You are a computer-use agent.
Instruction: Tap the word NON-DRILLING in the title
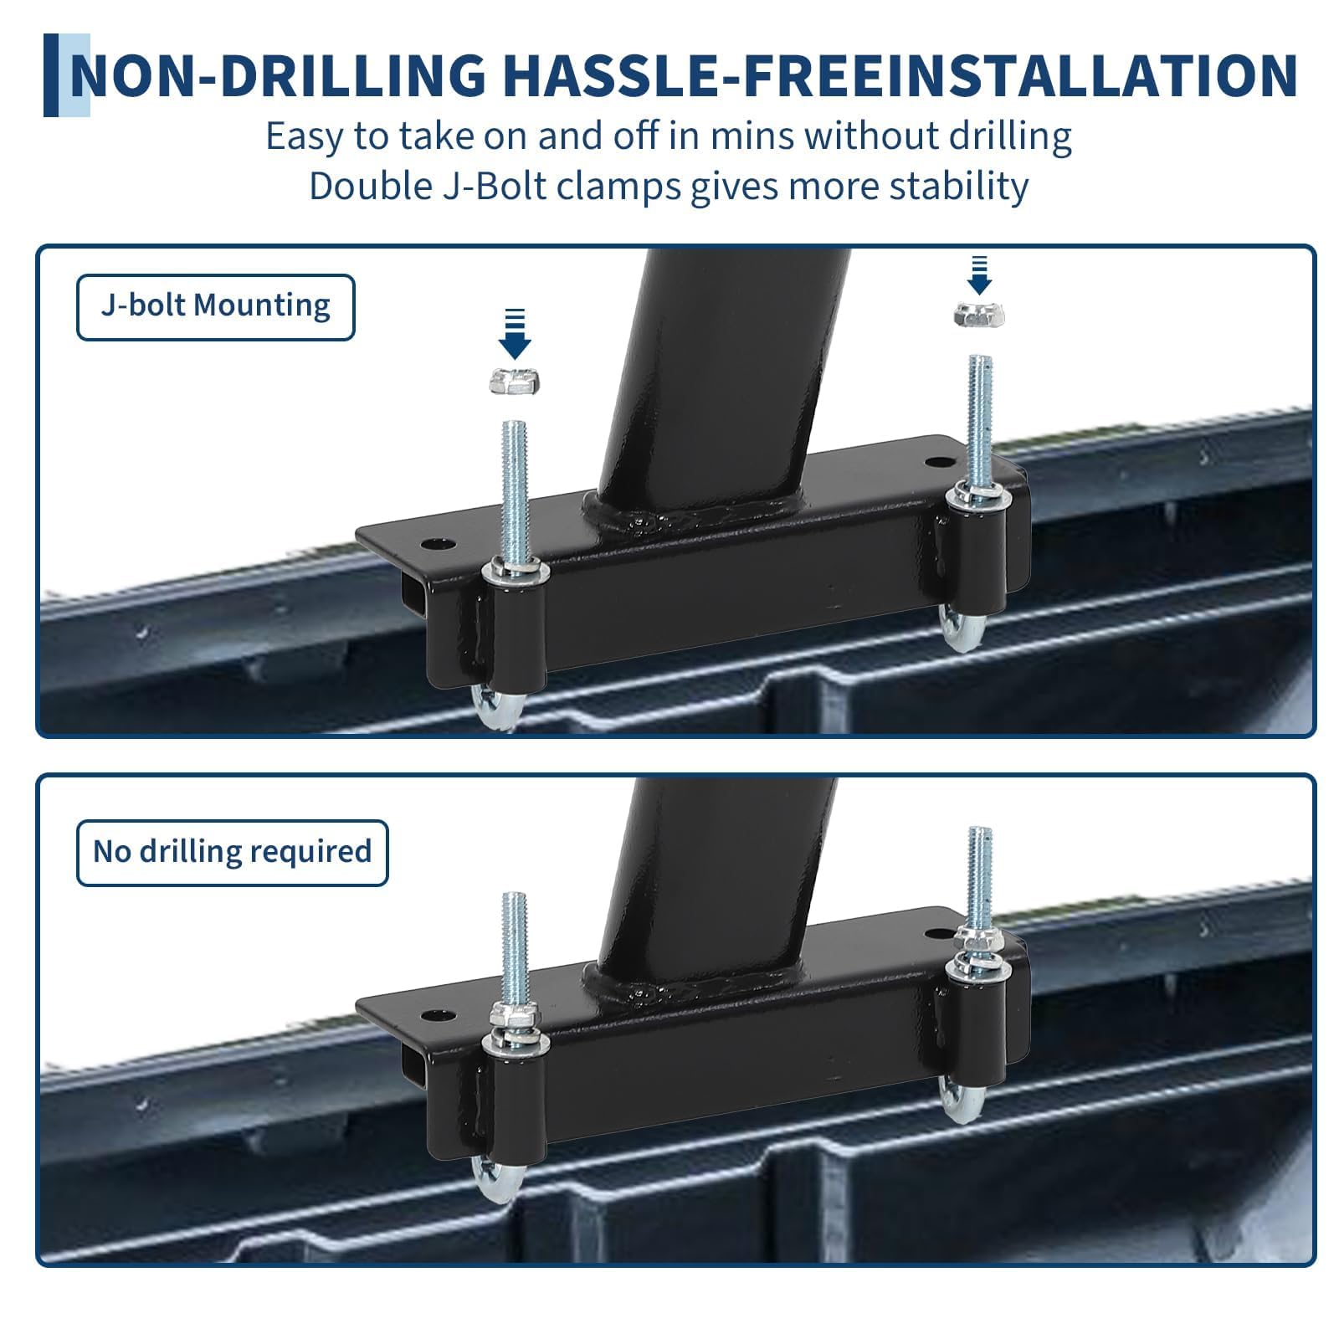(x=278, y=75)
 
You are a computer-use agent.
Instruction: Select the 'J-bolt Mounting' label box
(x=216, y=307)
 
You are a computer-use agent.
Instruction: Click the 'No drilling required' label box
(x=233, y=853)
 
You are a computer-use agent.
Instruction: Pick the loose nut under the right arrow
(x=978, y=315)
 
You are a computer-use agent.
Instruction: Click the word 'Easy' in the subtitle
(x=304, y=136)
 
